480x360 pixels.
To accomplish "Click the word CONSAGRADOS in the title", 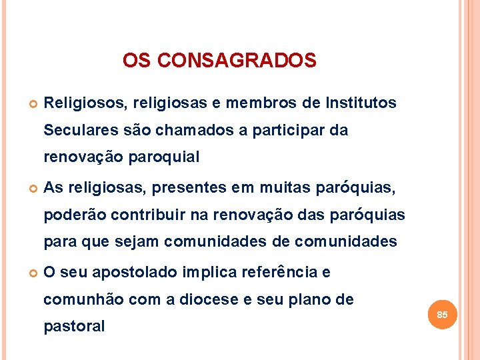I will [x=238, y=61].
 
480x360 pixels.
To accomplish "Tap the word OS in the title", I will [x=137, y=61].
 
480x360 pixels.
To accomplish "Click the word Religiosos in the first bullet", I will [x=85, y=103].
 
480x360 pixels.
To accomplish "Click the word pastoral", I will [x=74, y=327].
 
